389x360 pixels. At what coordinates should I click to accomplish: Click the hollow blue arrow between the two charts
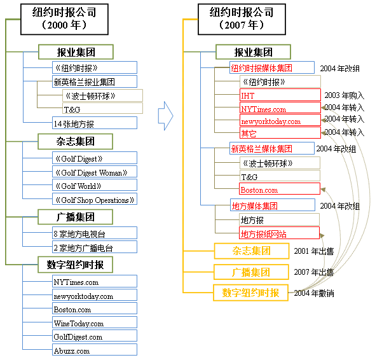[166, 116]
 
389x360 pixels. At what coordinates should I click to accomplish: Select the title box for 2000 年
[64, 19]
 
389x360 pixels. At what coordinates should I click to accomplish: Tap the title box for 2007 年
[242, 19]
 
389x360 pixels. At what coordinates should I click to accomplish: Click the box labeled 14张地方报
[95, 123]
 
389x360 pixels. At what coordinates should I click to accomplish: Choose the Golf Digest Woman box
[95, 172]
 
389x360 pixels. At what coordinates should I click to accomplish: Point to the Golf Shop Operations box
[95, 199]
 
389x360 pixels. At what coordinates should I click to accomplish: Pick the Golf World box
[95, 185]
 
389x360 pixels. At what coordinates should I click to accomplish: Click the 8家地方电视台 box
[95, 233]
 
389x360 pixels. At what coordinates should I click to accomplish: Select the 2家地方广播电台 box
[95, 247]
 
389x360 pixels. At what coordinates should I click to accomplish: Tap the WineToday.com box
[95, 322]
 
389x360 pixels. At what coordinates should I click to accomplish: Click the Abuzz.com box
[95, 350]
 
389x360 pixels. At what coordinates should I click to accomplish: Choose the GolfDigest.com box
[95, 336]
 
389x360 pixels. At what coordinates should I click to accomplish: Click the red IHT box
[280, 95]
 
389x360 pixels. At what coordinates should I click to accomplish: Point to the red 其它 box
[280, 132]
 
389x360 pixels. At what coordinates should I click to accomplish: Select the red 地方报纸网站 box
[279, 233]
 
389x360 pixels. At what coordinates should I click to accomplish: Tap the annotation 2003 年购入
[345, 95]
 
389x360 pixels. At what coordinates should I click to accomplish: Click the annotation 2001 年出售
[314, 251]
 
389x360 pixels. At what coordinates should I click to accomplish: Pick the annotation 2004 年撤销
[314, 293]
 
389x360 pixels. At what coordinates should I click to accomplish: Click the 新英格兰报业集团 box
[95, 81]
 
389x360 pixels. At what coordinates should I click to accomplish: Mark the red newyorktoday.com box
[280, 120]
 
